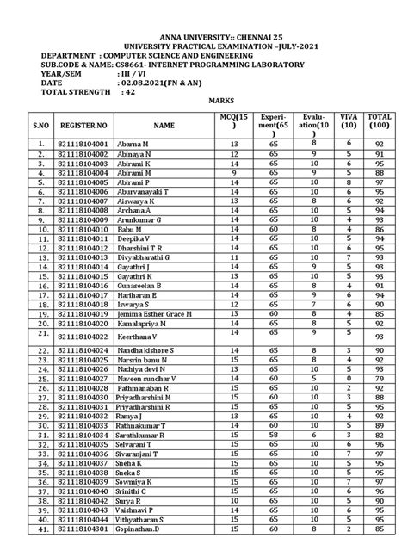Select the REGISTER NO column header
(x=83, y=125)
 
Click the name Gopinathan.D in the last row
(x=153, y=535)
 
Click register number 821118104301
(x=83, y=535)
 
